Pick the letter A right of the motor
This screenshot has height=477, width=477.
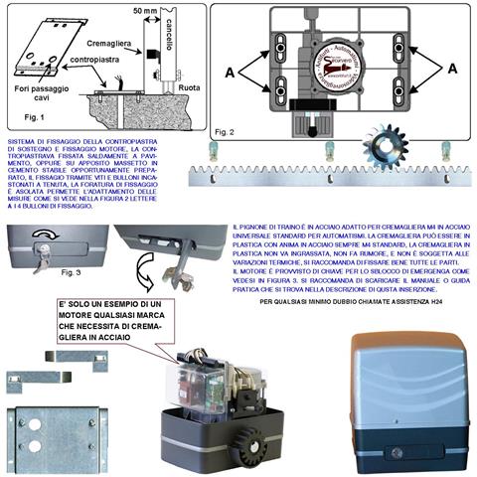(452, 70)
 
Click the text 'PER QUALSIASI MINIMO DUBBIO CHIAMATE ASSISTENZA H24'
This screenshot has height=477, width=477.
(346, 300)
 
